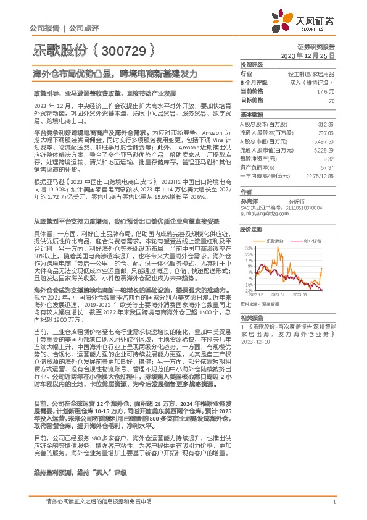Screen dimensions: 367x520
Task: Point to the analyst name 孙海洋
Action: click(249, 201)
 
